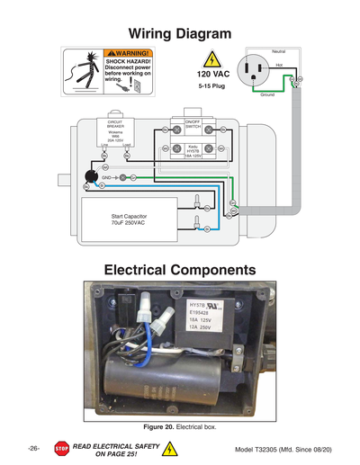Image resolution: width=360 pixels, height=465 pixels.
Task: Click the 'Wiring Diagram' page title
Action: coord(179,33)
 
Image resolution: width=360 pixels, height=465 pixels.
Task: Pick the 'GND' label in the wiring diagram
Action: coord(106,178)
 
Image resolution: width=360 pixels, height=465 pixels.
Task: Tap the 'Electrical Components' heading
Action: coord(179,270)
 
